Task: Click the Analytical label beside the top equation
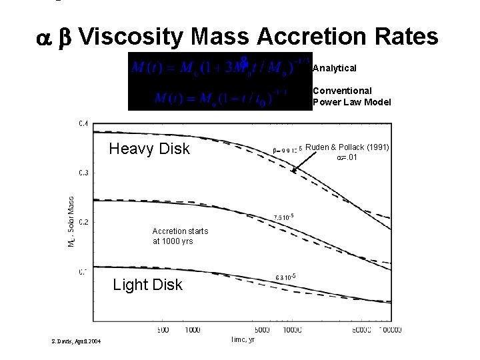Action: point(335,68)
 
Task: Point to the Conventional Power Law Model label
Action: point(351,96)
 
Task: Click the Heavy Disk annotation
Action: point(149,149)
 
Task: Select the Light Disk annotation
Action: point(147,285)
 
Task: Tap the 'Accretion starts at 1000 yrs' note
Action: point(180,236)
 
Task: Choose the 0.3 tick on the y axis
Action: point(83,173)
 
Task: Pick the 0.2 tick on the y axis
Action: point(83,221)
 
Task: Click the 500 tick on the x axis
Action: point(163,329)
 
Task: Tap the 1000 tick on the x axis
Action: point(192,329)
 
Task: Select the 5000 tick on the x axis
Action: point(263,329)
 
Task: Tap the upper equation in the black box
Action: point(220,68)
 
